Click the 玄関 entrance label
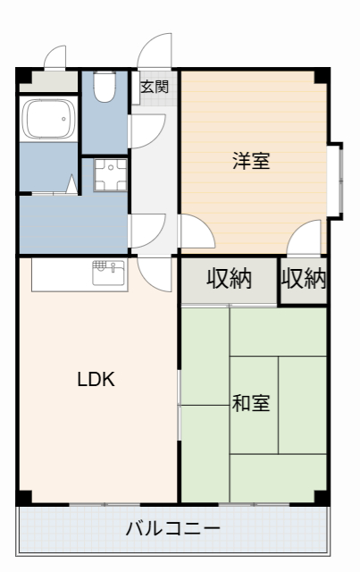coord(155,87)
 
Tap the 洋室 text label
coord(251,162)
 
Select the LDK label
coord(96,379)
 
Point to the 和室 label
coord(251,403)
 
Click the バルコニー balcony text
coord(172,528)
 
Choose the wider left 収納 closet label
coord(230,280)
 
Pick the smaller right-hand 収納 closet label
coord(304,280)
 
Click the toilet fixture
coord(105,87)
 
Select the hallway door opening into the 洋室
coord(195,234)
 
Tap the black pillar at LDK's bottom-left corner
coord(24,497)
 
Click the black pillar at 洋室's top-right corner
coord(323,75)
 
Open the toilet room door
coord(146,131)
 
